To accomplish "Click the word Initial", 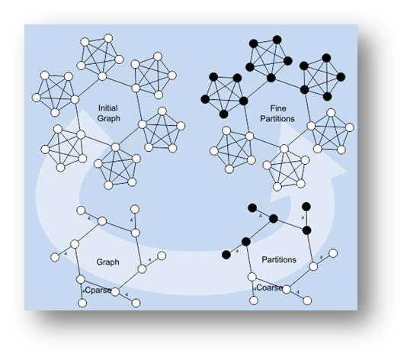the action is point(108,108).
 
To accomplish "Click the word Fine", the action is point(278,108).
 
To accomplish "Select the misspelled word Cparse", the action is point(98,290).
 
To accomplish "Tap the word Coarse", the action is point(270,288).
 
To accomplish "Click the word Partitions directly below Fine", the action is point(277,119).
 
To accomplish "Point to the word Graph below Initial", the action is point(109,119).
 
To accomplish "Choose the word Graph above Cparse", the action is point(107,262).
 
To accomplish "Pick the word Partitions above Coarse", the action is point(279,259).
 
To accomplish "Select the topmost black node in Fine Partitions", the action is point(277,40).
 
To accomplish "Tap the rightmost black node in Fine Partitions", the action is point(341,77).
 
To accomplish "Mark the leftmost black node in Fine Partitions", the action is point(205,99).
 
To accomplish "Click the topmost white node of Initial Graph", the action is point(108,38).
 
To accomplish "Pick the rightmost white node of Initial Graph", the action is point(181,126).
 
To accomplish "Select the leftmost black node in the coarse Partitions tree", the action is point(226,255).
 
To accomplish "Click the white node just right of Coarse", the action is point(287,289).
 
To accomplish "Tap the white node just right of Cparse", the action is point(115,292).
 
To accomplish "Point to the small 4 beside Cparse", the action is point(83,291).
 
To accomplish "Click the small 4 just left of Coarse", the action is point(255,289).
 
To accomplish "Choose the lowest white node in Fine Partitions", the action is point(277,187).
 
